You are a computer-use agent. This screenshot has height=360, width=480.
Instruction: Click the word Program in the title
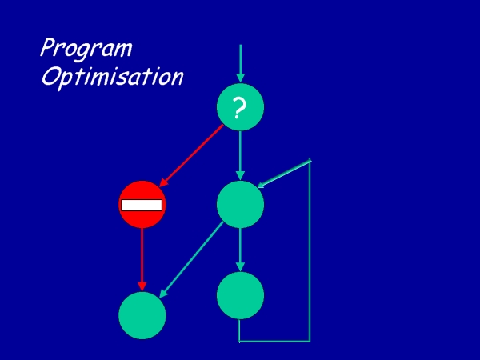pyautogui.click(x=86, y=49)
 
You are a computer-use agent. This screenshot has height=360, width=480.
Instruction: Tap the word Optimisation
pyautogui.click(x=112, y=77)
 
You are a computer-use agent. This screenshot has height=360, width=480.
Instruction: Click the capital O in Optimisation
pyautogui.click(x=50, y=77)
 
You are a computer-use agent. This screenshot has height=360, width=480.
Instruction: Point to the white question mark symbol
pyautogui.click(x=238, y=108)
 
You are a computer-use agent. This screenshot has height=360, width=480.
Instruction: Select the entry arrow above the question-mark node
pyautogui.click(x=240, y=63)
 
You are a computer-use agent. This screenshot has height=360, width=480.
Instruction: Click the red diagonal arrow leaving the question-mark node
pyautogui.click(x=191, y=155)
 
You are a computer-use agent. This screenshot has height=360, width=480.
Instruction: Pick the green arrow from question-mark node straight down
pyautogui.click(x=240, y=155)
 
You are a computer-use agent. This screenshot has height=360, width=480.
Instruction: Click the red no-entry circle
pyautogui.click(x=142, y=205)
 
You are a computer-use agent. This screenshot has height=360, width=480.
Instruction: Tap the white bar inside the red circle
pyautogui.click(x=142, y=205)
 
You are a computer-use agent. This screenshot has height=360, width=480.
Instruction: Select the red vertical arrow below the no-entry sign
pyautogui.click(x=142, y=259)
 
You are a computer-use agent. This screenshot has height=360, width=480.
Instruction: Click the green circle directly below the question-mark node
pyautogui.click(x=240, y=204)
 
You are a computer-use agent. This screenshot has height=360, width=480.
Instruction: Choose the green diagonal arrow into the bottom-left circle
pyautogui.click(x=192, y=259)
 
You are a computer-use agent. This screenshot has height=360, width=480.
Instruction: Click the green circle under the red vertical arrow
pyautogui.click(x=142, y=315)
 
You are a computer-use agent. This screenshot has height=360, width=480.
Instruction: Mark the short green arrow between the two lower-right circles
pyautogui.click(x=240, y=250)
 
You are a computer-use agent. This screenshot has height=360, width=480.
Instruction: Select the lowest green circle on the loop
pyautogui.click(x=240, y=295)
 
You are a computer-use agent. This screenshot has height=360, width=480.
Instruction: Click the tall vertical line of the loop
pyautogui.click(x=310, y=250)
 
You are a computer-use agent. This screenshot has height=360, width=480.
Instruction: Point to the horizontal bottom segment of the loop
pyautogui.click(x=274, y=341)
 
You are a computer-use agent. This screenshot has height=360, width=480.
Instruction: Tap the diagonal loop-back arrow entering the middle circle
pyautogui.click(x=284, y=174)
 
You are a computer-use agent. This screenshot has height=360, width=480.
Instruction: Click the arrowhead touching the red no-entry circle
pyautogui.click(x=164, y=182)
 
